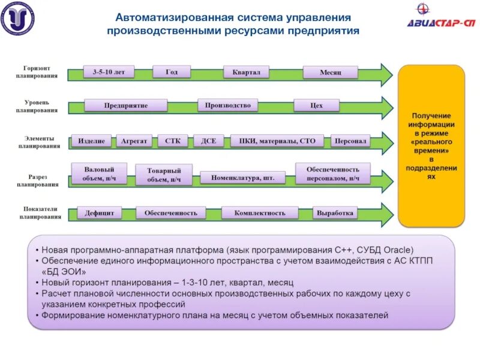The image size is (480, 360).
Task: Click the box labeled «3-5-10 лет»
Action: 109,72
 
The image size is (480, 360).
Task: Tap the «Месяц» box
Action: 330,73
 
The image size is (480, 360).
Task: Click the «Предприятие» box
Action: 125,106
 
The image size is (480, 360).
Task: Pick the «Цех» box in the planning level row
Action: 316,106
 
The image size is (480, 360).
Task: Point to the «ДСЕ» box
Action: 209,142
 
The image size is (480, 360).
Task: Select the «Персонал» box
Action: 350,142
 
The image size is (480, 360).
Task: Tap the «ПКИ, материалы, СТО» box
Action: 277,142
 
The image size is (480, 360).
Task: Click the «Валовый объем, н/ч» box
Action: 98,174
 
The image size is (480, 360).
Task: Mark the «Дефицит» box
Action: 100,213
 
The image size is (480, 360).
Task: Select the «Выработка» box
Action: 335,213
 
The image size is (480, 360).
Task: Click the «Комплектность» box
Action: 259,213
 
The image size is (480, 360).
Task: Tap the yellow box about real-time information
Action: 431,146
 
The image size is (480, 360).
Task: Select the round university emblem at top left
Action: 17,18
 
